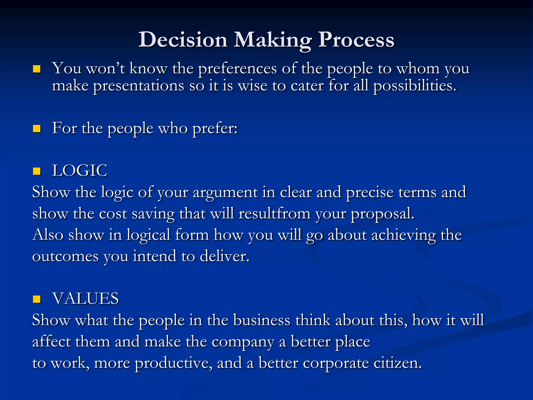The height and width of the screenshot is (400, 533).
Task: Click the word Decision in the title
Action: click(183, 40)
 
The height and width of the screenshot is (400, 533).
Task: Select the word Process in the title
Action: click(356, 40)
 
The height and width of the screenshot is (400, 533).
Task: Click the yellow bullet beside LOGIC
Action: click(37, 171)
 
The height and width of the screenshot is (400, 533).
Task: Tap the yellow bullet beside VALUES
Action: click(37, 299)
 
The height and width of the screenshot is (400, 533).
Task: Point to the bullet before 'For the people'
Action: click(37, 129)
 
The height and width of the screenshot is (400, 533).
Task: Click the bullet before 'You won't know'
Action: click(37, 69)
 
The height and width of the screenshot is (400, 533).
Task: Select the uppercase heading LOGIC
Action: click(80, 171)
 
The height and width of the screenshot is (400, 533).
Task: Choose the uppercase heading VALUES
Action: click(85, 298)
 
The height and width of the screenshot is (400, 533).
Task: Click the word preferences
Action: click(237, 69)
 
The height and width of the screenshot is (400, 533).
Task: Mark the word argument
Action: click(225, 193)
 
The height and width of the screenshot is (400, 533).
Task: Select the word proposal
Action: click(382, 214)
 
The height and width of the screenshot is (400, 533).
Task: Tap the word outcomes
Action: click(65, 257)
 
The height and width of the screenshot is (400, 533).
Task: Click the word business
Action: click(262, 320)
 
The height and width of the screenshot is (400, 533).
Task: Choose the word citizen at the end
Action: click(397, 363)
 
